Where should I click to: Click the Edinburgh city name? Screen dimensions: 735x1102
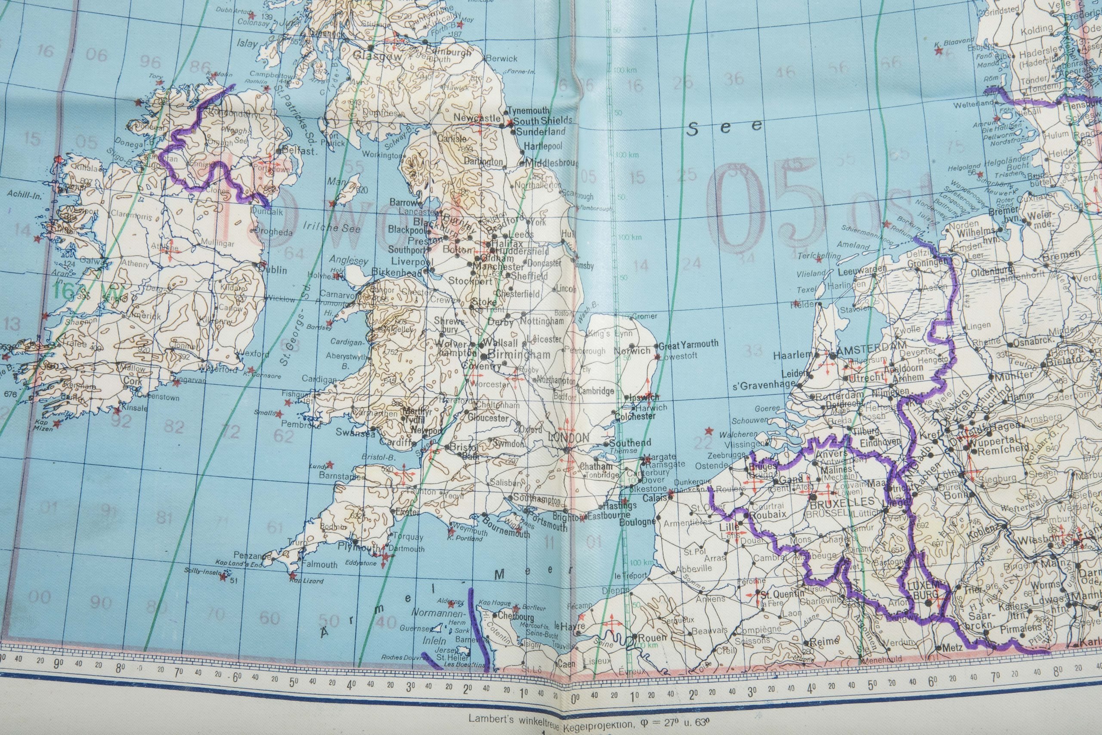pyautogui.click(x=448, y=52)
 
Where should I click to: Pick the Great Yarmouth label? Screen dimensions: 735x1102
pyautogui.click(x=688, y=344)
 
